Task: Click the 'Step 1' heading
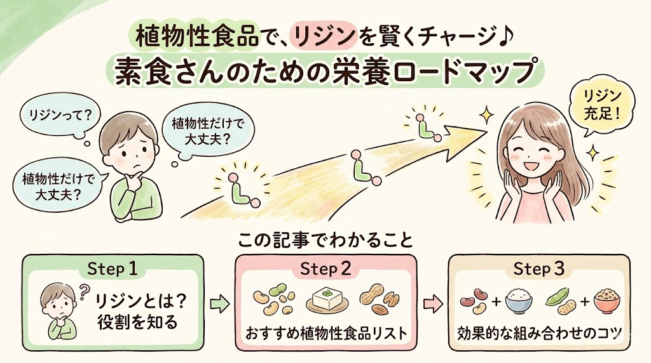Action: pyautogui.click(x=112, y=269)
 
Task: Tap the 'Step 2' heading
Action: pyautogui.click(x=325, y=269)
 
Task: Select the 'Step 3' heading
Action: pyautogui.click(x=539, y=269)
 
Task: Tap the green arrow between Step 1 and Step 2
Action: pyautogui.click(x=219, y=305)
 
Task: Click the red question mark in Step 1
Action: pyautogui.click(x=85, y=291)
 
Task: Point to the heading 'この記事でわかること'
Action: pyautogui.click(x=325, y=241)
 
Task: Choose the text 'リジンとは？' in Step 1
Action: pyautogui.click(x=140, y=301)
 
